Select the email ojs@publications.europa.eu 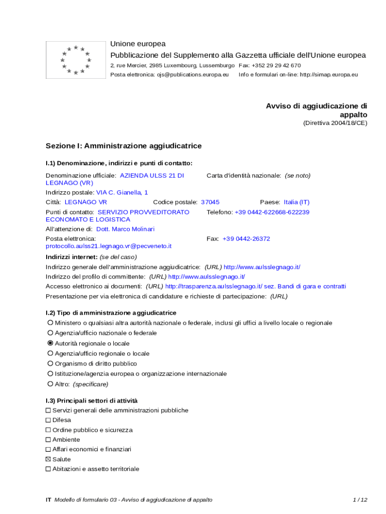[x=192, y=74]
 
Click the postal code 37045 [x=210, y=202]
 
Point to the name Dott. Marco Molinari [x=125, y=229]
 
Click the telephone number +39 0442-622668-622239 [x=272, y=212]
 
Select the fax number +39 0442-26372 [x=246, y=239]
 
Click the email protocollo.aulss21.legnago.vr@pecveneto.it [x=109, y=246]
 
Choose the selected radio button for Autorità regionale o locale [x=50, y=343]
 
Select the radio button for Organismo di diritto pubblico [x=50, y=363]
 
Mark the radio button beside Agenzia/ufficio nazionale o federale [x=50, y=333]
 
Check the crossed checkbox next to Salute [x=48, y=459]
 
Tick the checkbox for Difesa [x=48, y=420]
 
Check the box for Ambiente [x=48, y=440]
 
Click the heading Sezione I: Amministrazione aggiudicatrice [x=124, y=146]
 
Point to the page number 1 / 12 [x=360, y=500]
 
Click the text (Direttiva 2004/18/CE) [x=335, y=123]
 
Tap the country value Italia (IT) [x=297, y=202]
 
